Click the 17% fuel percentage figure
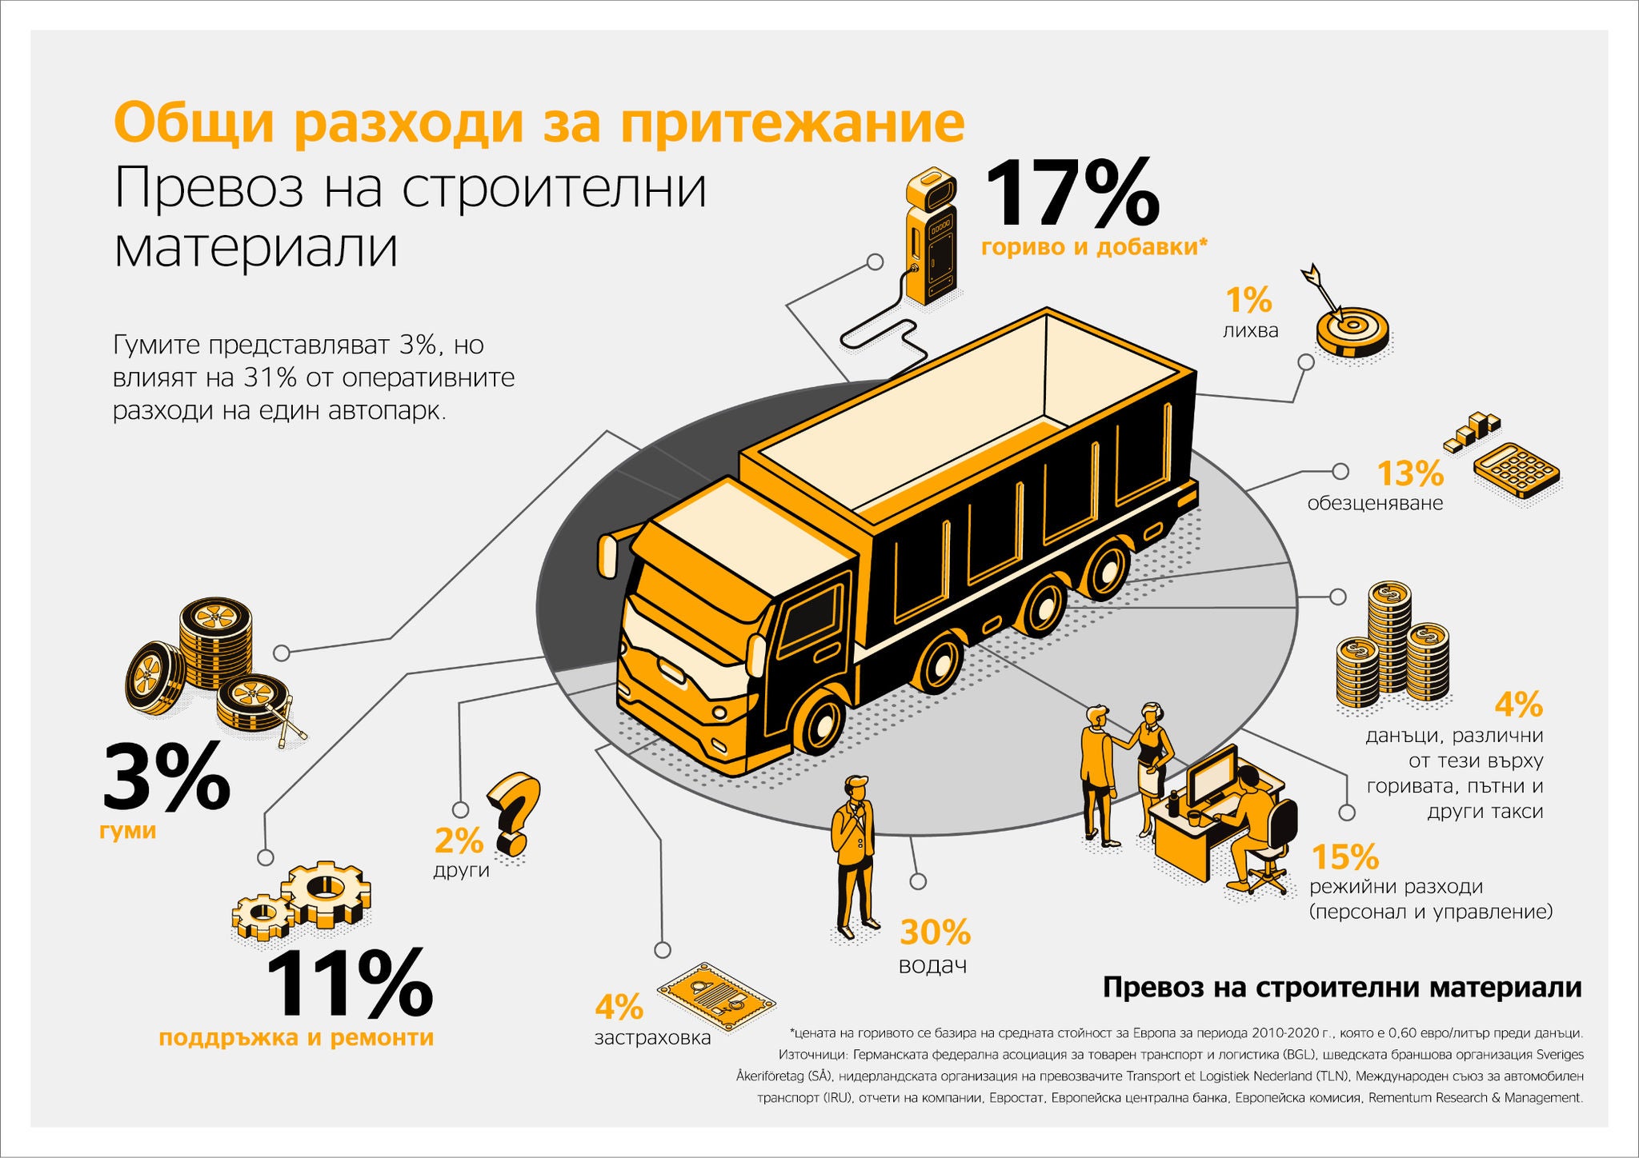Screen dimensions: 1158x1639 pos(1071,194)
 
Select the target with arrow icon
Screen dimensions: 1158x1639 pos(1351,328)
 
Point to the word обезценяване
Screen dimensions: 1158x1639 pos(1375,504)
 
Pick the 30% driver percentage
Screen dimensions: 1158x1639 pos(935,932)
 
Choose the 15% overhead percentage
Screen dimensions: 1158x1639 pos(1345,857)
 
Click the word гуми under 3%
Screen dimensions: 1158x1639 pos(127,831)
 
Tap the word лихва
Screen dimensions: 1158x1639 pos(1250,330)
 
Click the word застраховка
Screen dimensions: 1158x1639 pos(652,1038)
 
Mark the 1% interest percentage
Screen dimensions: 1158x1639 pos(1248,301)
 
